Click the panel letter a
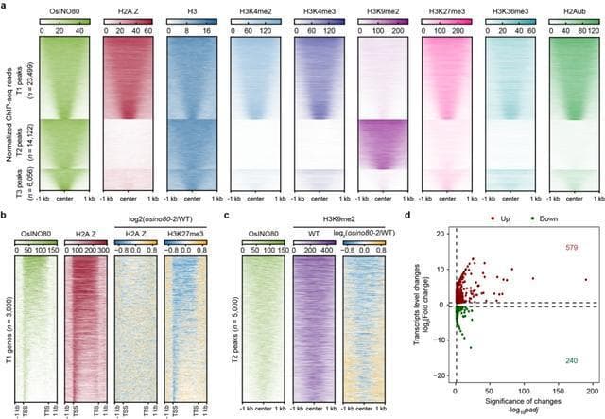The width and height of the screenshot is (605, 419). [5, 6]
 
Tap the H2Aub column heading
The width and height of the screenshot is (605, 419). [568, 9]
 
